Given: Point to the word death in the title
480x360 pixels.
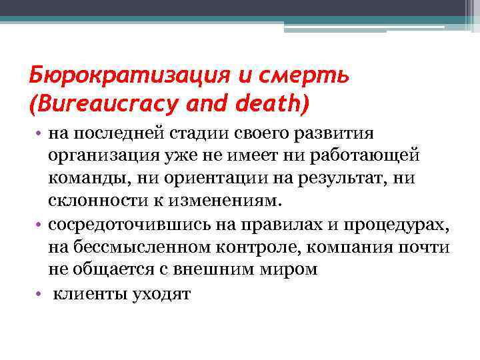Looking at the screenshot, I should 266,104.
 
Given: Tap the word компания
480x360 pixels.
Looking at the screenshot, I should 357,247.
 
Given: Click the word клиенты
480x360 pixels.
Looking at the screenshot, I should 89,293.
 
